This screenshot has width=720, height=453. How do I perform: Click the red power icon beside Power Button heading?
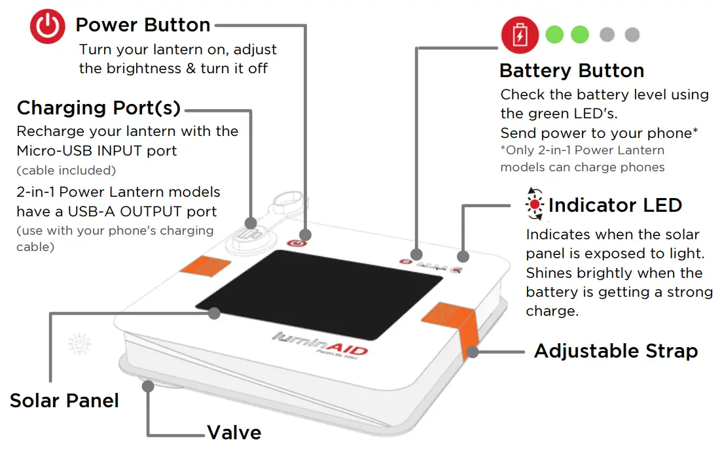48,28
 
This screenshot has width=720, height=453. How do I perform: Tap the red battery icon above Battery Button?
519,35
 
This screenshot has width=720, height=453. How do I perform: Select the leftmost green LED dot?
554,35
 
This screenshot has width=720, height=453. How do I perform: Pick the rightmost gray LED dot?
632,35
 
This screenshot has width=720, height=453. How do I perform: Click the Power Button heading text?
143,25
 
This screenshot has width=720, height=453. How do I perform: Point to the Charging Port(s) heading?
98,108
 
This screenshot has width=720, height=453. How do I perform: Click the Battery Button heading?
571,71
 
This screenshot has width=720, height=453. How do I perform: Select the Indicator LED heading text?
615,205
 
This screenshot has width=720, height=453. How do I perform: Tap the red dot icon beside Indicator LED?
535,205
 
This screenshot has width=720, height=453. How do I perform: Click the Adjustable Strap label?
615,351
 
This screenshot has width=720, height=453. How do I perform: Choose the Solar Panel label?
64,400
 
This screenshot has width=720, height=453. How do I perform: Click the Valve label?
234,433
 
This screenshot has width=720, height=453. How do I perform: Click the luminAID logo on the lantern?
320,344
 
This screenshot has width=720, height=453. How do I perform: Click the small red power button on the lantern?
297,244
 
